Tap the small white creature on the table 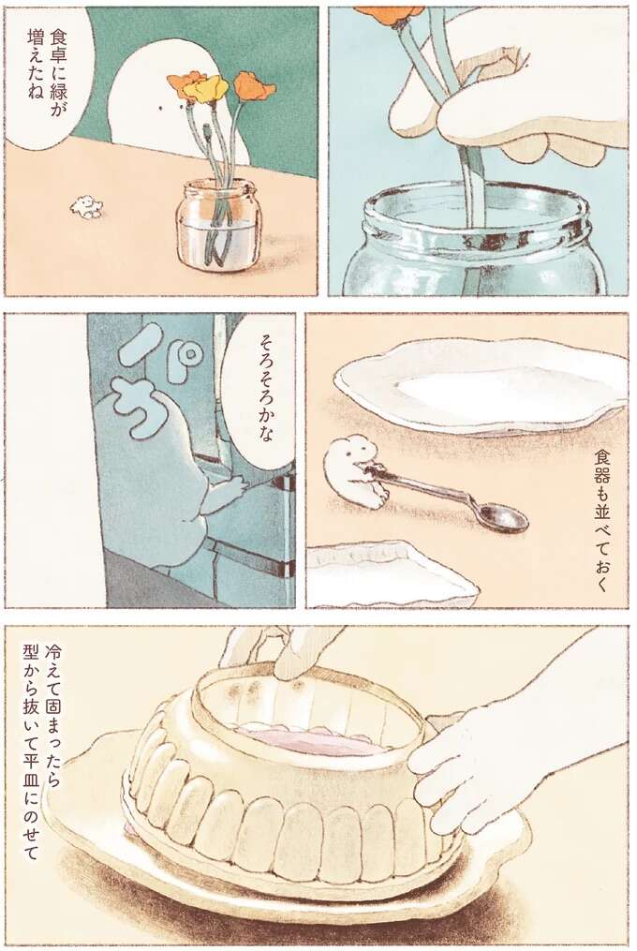(86, 206)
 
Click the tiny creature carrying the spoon (355, 472)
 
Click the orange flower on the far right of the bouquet (255, 87)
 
